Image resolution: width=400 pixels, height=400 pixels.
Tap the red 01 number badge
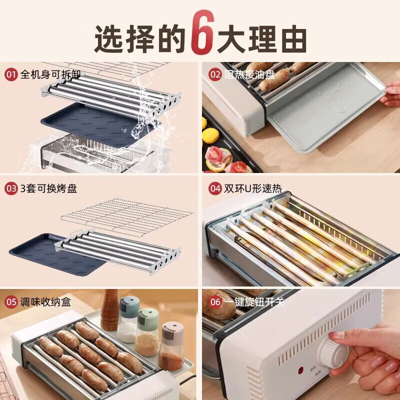[11, 75]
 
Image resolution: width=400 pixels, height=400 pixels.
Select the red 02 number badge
[215, 75]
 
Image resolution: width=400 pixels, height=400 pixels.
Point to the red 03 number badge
[11, 189]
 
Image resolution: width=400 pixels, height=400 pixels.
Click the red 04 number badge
[215, 189]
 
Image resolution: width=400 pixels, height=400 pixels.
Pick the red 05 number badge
[11, 302]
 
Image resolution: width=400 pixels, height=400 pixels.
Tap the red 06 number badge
[215, 302]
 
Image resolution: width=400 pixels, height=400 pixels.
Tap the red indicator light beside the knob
[301, 370]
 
